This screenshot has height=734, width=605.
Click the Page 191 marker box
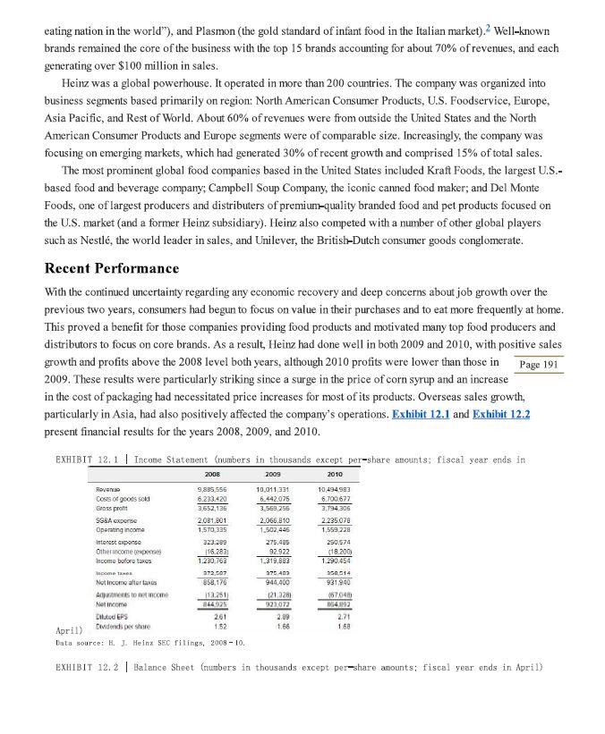coord(538,364)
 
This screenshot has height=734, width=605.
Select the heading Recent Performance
coord(112,268)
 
